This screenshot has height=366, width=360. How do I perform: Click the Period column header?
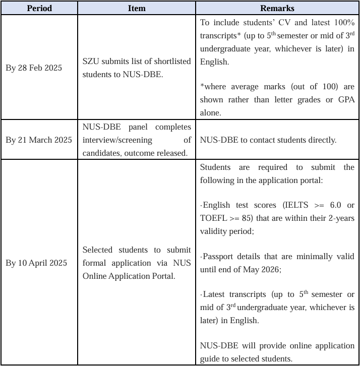[x=39, y=8]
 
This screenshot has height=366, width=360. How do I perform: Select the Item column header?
[x=137, y=8]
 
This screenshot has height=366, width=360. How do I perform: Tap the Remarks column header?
[x=277, y=8]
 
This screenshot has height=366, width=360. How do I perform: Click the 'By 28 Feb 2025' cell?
[x=34, y=68]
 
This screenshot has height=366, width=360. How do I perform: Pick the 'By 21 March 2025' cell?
[x=39, y=140]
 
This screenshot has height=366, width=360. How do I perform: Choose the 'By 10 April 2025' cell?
[x=36, y=263]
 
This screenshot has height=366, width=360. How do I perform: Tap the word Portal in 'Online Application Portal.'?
[x=162, y=276]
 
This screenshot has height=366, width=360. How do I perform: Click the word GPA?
[x=345, y=100]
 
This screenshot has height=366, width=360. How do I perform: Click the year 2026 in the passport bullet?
[x=269, y=269]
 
